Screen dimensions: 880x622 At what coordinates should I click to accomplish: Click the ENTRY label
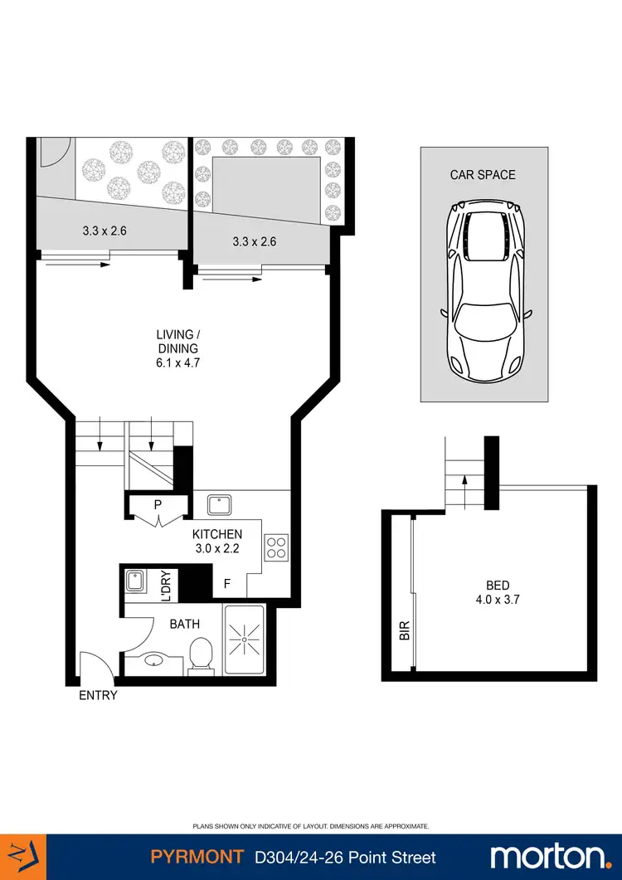(99, 696)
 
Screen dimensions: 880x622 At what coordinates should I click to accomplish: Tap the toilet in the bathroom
(200, 656)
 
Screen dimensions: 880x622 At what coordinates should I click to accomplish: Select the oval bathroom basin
(154, 662)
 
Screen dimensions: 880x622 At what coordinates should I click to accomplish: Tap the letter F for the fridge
(226, 584)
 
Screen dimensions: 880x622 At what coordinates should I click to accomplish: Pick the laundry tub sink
(134, 582)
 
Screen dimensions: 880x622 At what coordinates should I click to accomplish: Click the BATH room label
(184, 624)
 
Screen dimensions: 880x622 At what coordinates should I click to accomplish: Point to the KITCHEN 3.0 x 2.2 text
(217, 541)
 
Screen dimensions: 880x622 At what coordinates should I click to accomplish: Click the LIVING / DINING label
(178, 348)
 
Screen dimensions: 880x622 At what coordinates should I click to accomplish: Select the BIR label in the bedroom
(405, 630)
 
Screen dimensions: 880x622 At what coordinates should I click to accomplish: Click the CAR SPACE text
(483, 175)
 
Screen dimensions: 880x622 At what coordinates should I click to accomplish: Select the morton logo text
(549, 856)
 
